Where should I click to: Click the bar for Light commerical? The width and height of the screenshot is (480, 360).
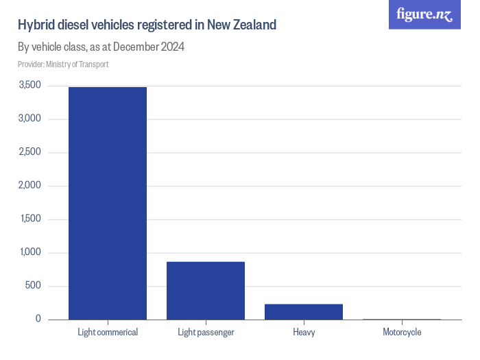click(107, 203)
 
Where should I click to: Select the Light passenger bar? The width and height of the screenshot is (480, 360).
click(206, 290)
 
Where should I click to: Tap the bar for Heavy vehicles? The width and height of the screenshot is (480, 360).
click(303, 311)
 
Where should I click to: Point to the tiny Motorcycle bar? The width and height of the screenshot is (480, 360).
click(402, 319)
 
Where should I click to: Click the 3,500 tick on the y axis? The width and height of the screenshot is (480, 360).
click(30, 85)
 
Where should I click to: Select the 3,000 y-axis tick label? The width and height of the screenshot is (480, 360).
click(30, 119)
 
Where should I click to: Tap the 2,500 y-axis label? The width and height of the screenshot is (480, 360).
click(30, 152)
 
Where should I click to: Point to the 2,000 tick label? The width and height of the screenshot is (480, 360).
click(30, 185)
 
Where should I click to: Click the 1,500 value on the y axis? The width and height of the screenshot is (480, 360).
click(30, 219)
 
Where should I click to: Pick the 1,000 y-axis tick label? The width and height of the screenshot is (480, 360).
click(30, 252)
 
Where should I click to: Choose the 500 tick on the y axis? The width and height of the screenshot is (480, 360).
click(34, 286)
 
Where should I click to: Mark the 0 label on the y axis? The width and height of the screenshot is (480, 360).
click(38, 319)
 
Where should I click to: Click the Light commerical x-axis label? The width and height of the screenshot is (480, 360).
click(107, 333)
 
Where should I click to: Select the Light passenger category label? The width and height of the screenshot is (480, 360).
click(206, 333)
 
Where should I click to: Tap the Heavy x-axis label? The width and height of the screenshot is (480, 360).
click(303, 333)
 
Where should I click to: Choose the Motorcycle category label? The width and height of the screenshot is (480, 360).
click(402, 333)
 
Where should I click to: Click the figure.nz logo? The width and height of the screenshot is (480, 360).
click(424, 14)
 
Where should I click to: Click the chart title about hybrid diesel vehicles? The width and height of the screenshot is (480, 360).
click(147, 25)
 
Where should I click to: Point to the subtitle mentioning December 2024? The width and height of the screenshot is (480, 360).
click(101, 47)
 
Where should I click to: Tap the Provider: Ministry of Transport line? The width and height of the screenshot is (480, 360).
click(63, 64)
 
